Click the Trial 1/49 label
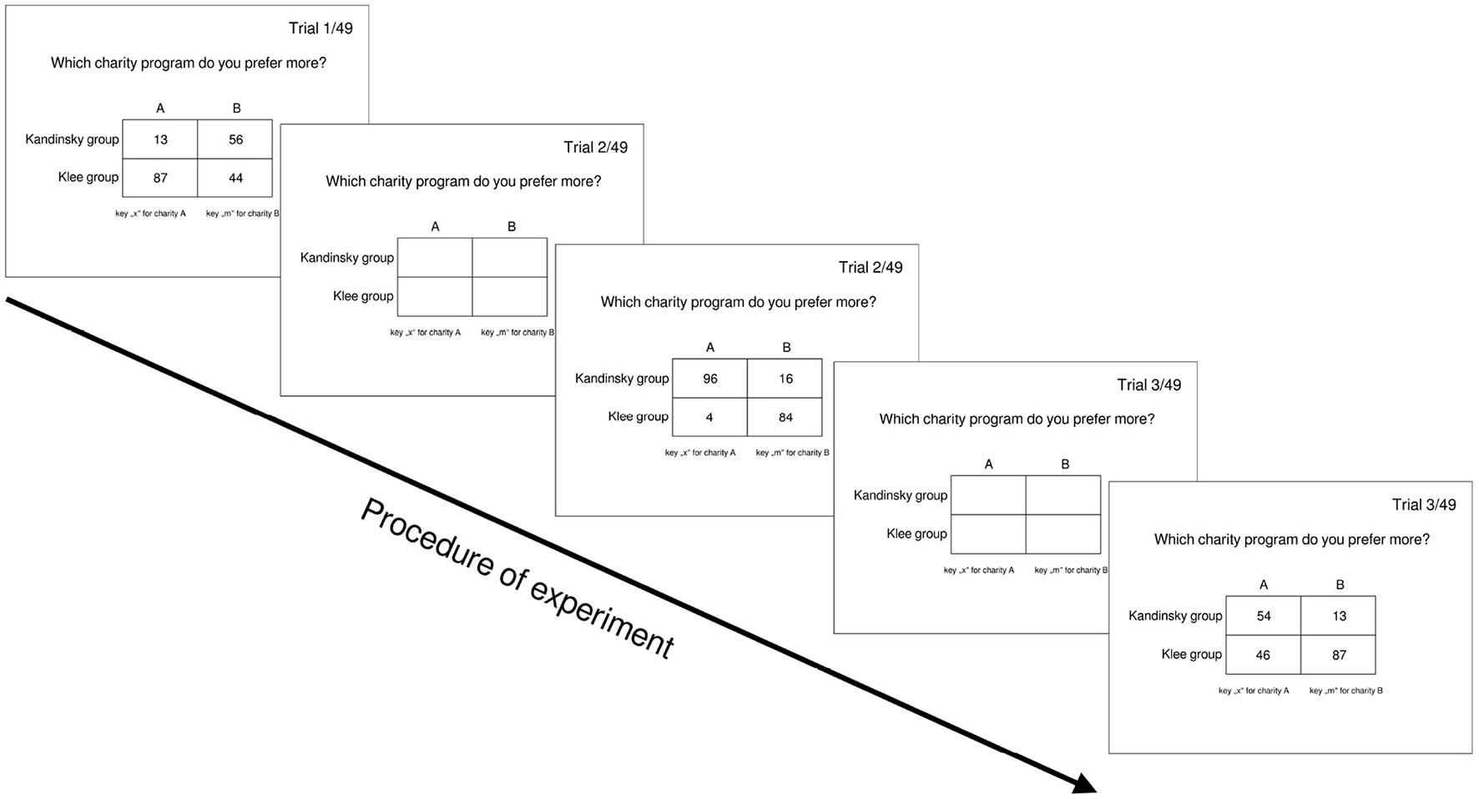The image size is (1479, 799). (x=321, y=28)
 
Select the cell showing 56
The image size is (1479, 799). (x=235, y=139)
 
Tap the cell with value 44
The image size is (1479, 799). (x=235, y=178)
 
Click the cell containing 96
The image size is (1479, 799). (x=709, y=379)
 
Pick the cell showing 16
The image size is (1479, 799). (x=785, y=379)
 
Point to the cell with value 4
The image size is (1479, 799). (x=709, y=417)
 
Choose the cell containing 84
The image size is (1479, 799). (x=785, y=417)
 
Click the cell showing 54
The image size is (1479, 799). (x=1263, y=616)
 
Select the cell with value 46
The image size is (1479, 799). (x=1263, y=655)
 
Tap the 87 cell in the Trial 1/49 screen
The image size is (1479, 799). (x=160, y=178)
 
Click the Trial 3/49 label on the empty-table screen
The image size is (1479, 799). (x=1148, y=385)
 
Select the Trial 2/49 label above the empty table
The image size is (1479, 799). (x=595, y=148)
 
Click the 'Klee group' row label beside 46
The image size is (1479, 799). (x=1191, y=655)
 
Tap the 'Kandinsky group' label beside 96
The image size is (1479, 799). (x=622, y=379)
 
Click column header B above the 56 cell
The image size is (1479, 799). (x=236, y=108)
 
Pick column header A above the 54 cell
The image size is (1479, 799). (x=1263, y=585)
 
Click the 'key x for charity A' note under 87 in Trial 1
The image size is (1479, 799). (x=150, y=214)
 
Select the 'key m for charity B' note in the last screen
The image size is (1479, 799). (x=1345, y=691)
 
